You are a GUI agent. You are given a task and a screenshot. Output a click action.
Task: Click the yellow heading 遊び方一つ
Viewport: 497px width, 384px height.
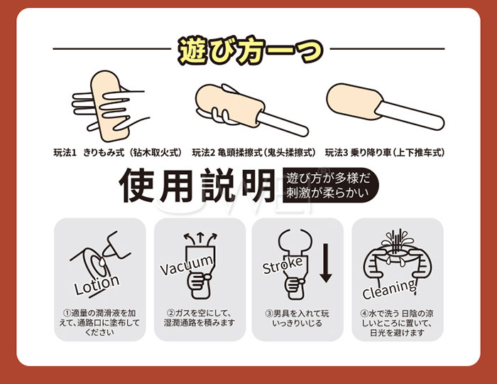(x=251, y=50)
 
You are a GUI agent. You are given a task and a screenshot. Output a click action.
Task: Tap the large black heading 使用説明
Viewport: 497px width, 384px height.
(x=197, y=186)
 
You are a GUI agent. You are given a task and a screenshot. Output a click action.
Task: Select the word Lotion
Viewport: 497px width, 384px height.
(x=97, y=284)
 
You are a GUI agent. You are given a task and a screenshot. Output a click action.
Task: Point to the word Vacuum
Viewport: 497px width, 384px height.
(x=186, y=265)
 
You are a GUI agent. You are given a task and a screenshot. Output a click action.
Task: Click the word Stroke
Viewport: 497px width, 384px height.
(x=283, y=265)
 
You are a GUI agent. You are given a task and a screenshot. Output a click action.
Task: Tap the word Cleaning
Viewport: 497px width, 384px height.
(x=389, y=289)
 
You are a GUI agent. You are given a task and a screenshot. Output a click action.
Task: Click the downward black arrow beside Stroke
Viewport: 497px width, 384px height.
(x=325, y=263)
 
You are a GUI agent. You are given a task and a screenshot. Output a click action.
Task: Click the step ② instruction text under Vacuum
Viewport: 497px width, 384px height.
(x=200, y=318)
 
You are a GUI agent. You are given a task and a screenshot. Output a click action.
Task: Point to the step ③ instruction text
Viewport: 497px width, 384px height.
(x=297, y=318)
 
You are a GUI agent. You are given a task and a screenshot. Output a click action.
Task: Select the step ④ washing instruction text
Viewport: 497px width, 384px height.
(x=397, y=323)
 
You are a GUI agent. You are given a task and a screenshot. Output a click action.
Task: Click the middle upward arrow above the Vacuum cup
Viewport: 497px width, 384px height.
(x=200, y=239)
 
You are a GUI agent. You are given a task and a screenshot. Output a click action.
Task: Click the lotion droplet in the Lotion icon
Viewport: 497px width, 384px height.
(x=102, y=262)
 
